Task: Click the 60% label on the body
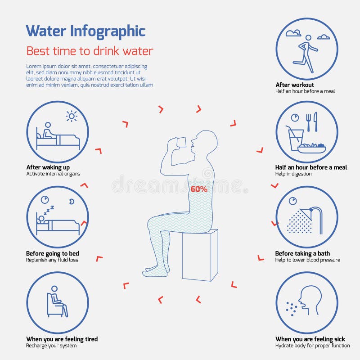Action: [x=199, y=189]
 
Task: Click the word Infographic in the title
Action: [x=108, y=31]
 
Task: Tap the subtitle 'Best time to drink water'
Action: [x=90, y=51]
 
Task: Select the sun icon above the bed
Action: [x=72, y=117]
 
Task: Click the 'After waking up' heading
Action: [x=48, y=167]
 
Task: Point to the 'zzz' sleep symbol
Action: [x=49, y=209]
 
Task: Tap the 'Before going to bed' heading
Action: [x=52, y=253]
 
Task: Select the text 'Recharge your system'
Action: [x=51, y=346]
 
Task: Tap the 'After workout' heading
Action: [x=295, y=85]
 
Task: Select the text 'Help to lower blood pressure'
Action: [x=308, y=260]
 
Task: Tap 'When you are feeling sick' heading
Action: [x=310, y=339]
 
